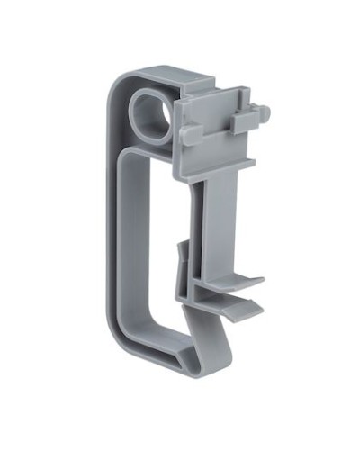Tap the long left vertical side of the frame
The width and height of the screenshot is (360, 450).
114,216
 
